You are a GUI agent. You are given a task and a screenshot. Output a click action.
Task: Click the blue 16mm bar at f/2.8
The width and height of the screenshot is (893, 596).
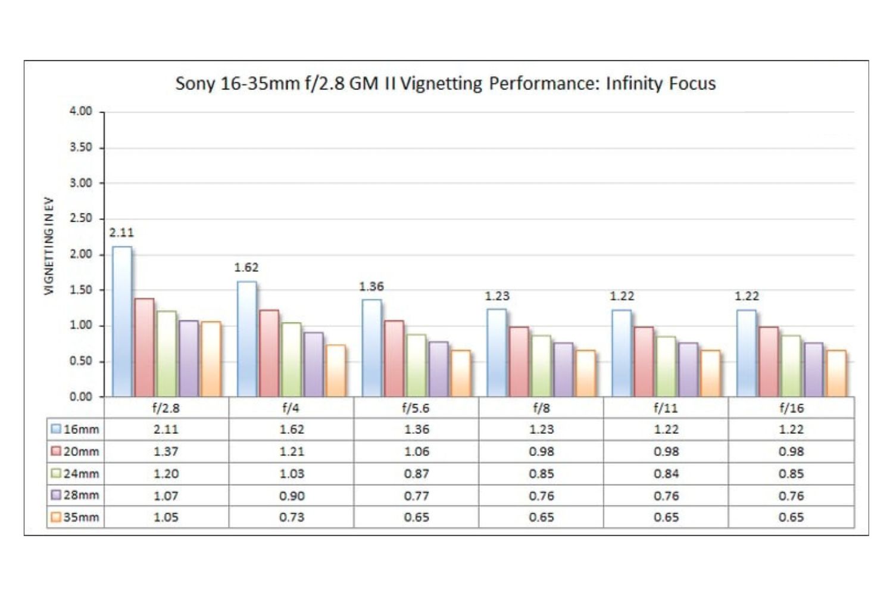click(122, 322)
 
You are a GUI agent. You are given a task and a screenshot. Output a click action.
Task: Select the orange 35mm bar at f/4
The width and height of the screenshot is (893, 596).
click(336, 371)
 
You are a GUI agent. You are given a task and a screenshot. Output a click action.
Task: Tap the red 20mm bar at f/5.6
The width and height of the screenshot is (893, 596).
click(394, 359)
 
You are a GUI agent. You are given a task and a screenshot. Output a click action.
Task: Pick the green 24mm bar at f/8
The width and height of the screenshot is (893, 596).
click(541, 366)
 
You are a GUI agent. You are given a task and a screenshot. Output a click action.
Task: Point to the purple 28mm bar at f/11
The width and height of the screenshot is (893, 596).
click(688, 370)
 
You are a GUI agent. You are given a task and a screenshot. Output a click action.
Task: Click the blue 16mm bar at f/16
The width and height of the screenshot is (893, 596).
click(747, 353)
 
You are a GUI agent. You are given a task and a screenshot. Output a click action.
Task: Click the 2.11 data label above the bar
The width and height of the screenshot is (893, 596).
click(121, 233)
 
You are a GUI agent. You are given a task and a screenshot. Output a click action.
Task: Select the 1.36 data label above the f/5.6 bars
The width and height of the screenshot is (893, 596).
click(371, 287)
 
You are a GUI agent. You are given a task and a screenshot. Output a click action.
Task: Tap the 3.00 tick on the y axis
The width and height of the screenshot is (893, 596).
click(81, 183)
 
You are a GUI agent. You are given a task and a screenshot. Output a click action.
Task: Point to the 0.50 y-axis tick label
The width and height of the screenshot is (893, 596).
click(81, 361)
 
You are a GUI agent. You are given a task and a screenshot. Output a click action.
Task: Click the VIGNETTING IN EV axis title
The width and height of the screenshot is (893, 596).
click(49, 246)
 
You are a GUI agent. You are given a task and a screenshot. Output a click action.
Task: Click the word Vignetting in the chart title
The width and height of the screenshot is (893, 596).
click(441, 83)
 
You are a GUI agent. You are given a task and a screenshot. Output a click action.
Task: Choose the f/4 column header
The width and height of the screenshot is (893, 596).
click(291, 408)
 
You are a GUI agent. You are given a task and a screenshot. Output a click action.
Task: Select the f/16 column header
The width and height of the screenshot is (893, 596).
click(791, 408)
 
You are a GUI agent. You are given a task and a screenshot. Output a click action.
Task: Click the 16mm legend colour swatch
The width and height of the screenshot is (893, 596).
click(57, 429)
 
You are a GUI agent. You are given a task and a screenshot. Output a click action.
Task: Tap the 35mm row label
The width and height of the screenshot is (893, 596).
click(81, 517)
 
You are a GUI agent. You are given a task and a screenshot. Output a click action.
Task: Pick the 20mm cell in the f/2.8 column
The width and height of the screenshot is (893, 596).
click(166, 452)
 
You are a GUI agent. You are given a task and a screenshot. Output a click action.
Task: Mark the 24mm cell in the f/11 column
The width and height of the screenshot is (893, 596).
click(666, 474)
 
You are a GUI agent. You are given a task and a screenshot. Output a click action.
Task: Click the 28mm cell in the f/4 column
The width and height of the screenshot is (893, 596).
click(291, 496)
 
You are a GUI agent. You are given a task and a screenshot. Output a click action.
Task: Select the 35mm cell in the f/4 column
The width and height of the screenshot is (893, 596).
click(291, 517)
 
